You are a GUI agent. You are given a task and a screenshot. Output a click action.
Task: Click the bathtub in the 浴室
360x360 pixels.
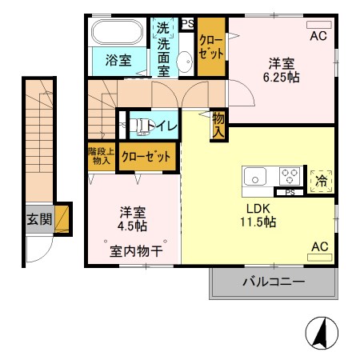tap(118, 33)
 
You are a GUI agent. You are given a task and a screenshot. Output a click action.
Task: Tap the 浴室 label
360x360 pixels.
tap(118, 59)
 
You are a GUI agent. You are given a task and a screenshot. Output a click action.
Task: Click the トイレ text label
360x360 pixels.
tap(165, 125)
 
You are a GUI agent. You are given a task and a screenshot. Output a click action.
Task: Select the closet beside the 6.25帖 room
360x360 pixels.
tap(211, 47)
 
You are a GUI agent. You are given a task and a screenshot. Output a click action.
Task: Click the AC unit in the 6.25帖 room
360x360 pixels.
tap(318, 24)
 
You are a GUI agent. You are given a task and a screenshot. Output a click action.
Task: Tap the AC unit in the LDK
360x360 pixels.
tap(318, 257)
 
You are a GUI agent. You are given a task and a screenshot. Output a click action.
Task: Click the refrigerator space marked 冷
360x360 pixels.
tap(320, 181)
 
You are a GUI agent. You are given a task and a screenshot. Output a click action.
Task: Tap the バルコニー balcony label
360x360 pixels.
tap(272, 282)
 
